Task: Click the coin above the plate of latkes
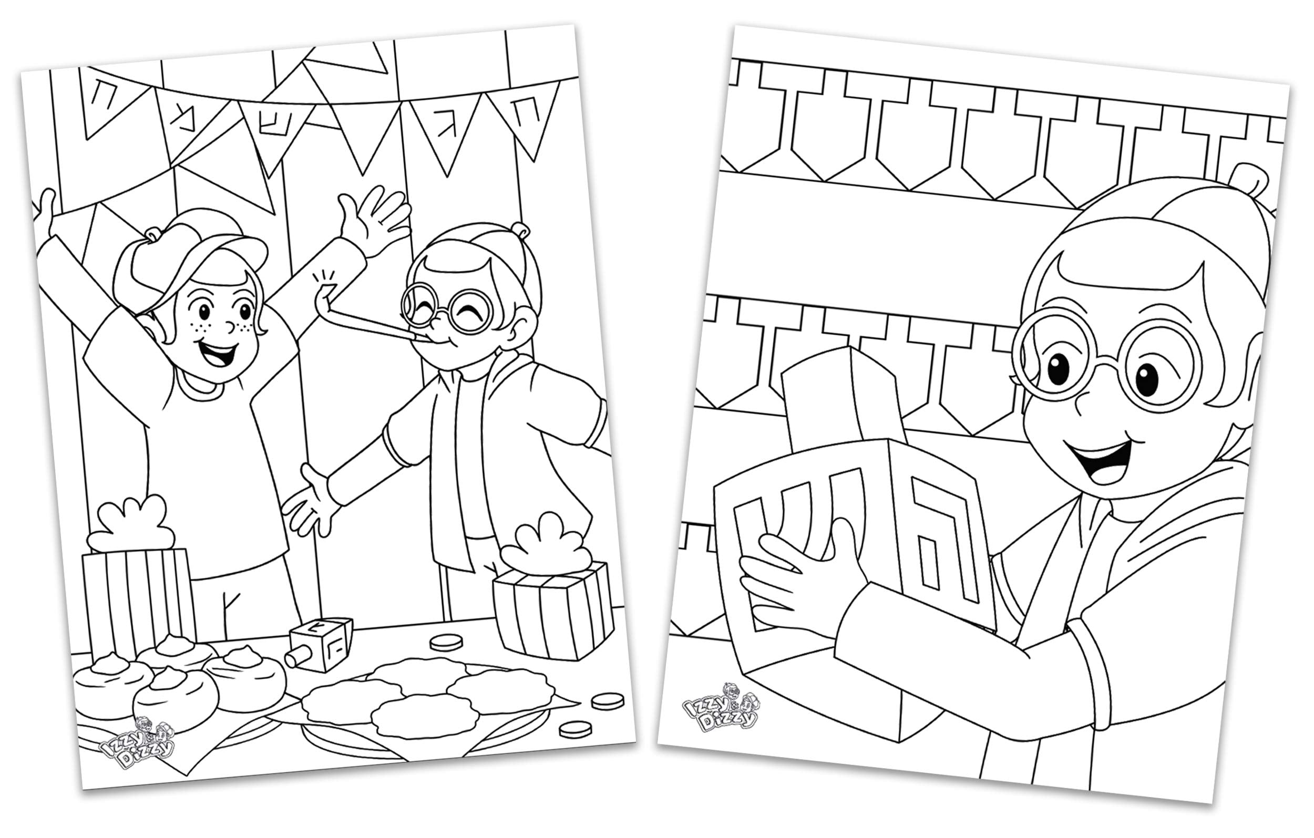pos(446,642)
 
